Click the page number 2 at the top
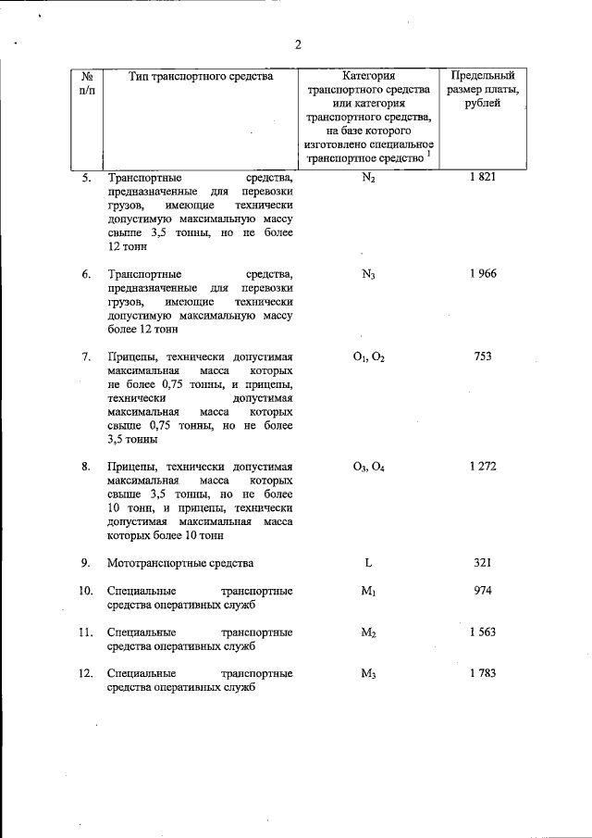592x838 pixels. (298, 44)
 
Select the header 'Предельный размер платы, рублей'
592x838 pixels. (483, 90)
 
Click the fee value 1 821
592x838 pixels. (483, 177)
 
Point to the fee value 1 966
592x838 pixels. (483, 273)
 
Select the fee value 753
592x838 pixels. (483, 356)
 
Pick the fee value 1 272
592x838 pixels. (483, 466)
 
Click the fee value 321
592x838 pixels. (483, 562)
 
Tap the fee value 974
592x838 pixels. (483, 590)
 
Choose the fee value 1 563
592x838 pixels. (483, 632)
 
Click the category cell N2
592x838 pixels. (368, 178)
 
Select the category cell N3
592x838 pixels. (368, 274)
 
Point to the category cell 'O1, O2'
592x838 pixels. (368, 357)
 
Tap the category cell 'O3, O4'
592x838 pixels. (368, 467)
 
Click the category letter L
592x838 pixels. (368, 562)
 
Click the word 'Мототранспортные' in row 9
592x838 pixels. (153, 563)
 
